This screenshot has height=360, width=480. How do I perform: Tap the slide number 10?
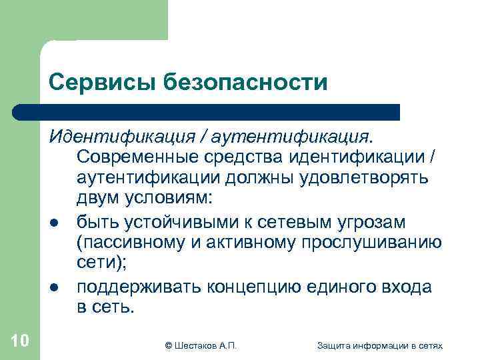click(20, 341)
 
